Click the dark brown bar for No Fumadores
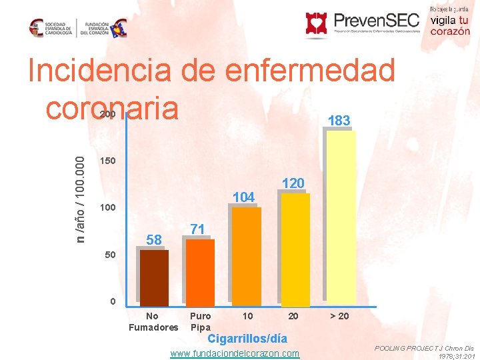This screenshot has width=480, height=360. pos(154,277)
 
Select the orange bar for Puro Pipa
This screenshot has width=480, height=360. pos(200,272)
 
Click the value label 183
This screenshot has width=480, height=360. pos(339,121)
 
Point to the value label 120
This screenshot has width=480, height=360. pos(293,183)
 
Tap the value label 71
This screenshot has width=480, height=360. pos(197,229)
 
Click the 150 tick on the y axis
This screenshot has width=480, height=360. pos(107,161)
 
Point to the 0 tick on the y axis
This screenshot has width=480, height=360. pos(113,301)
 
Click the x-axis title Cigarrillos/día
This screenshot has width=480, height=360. pos(247,339)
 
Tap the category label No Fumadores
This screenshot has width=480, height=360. pos(153,321)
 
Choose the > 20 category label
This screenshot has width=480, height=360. pos(339,315)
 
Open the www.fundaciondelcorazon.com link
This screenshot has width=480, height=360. pos(235,353)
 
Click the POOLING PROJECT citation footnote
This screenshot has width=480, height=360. pos(424,353)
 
